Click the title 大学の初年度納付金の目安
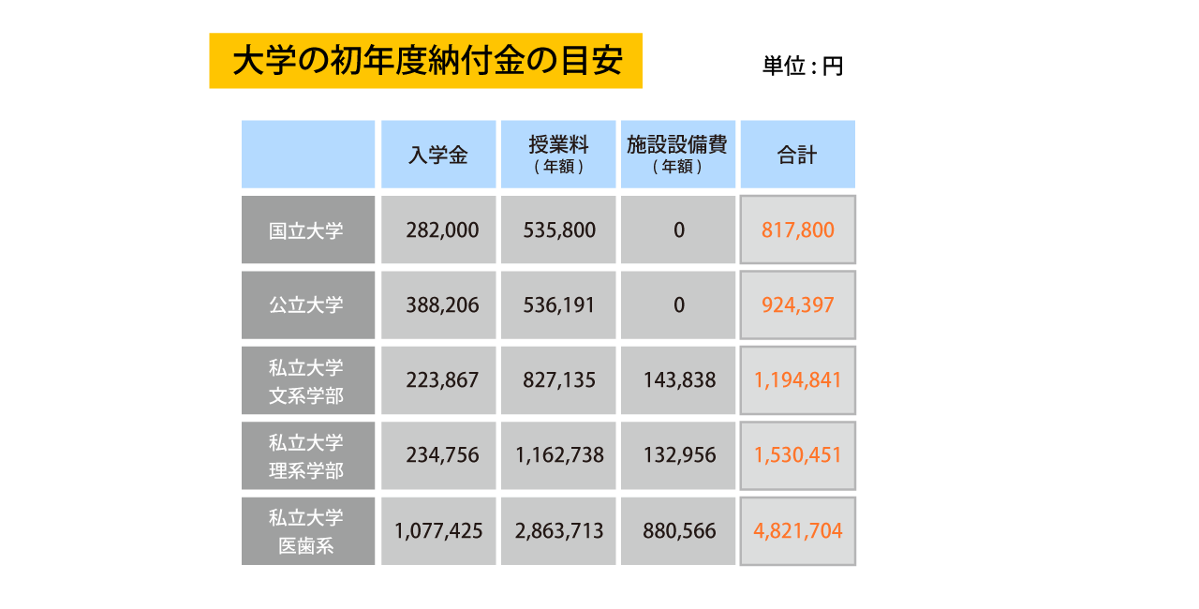426,62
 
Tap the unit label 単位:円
803,67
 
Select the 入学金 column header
438,156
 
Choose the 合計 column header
797,156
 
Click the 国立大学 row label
307,230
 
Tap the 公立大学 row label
307,305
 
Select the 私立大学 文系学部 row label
307,380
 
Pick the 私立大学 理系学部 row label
307,455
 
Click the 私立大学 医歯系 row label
307,531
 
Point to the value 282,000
442,230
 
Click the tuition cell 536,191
559,305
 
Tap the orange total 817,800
797,230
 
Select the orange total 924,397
797,305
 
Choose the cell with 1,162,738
559,455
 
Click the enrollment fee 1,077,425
438,531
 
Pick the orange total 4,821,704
797,531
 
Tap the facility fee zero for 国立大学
678,230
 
